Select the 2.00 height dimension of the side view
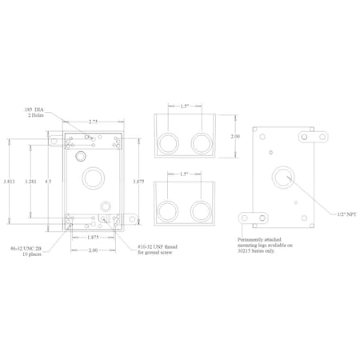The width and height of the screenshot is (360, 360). pos(235,137)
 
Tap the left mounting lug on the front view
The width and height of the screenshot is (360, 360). pos(54,142)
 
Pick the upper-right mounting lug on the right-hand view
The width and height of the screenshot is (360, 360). pos(314,136)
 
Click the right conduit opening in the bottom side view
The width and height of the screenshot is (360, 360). pos(201,211)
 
